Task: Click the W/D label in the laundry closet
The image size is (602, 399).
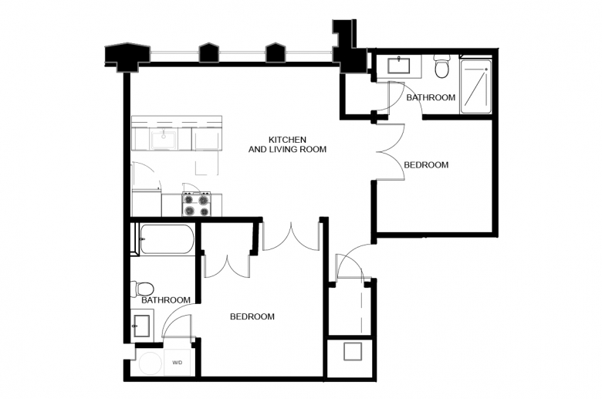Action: (x=177, y=363)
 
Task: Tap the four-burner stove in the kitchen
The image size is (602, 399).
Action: (x=196, y=205)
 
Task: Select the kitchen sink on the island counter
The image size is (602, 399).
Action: (x=164, y=140)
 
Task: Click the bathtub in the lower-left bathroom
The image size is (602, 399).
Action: (x=167, y=239)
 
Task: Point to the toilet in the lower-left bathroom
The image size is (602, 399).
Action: (x=142, y=288)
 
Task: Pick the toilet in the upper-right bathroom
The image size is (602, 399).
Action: (x=442, y=67)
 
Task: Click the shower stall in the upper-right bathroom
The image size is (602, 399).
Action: (x=475, y=86)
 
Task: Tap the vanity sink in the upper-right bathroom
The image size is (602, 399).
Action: (x=398, y=66)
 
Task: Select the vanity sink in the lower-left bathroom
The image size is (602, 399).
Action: (x=142, y=326)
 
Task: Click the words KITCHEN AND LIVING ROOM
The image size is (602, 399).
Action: (x=287, y=144)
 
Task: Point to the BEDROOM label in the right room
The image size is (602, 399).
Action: (x=426, y=164)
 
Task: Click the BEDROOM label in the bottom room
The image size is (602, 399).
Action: (x=252, y=316)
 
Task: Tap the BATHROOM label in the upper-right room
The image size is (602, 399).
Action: (x=431, y=97)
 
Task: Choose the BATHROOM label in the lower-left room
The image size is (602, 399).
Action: (x=166, y=300)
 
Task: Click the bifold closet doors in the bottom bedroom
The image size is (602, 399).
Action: (x=227, y=267)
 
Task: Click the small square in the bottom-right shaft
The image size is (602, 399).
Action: (x=353, y=351)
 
